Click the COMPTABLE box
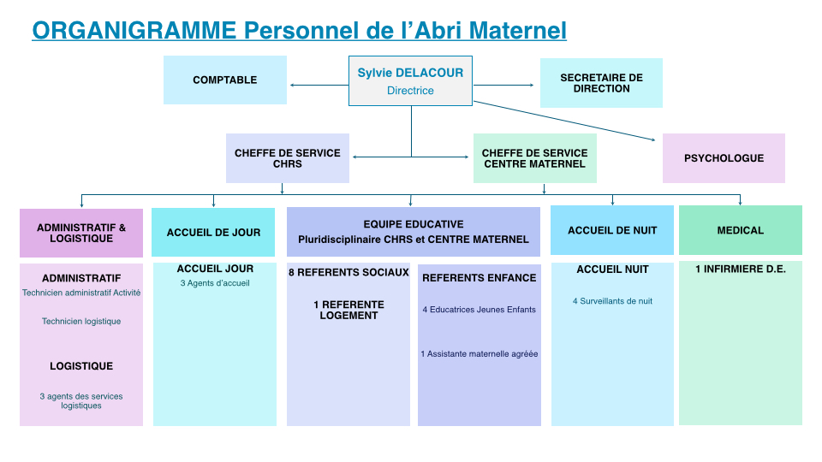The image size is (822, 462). tap(225, 80)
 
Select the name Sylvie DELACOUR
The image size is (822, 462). tap(410, 73)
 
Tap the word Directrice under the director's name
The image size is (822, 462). tap(410, 91)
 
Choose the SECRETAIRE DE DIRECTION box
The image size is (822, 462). tap(601, 83)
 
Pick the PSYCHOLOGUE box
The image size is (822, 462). tap(724, 158)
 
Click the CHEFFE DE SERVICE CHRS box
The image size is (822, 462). tap(288, 158)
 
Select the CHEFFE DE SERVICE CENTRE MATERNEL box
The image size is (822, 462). tap(534, 158)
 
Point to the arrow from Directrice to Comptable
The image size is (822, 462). tap(319, 85)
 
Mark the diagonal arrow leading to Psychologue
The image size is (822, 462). tap(564, 121)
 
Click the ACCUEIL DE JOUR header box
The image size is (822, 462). tap(213, 232)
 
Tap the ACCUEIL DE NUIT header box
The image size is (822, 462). tap(612, 230)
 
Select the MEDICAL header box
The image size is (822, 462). tap(740, 230)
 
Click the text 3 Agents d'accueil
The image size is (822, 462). tap(215, 283)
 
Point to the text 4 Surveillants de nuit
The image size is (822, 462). tap(612, 301)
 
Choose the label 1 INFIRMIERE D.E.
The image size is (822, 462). tap(740, 269)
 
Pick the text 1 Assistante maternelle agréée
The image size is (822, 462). tap(479, 354)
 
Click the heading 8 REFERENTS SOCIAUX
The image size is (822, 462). tap(348, 272)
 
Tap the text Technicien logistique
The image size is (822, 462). tap(81, 322)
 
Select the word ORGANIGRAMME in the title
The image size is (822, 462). tap(134, 31)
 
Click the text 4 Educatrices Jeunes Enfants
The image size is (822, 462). tap(479, 310)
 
